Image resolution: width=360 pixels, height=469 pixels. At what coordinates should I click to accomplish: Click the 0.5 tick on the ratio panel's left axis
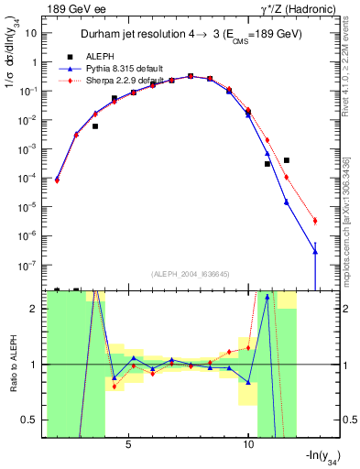[x=33, y=420]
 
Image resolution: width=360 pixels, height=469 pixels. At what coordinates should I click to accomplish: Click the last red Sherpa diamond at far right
[x=314, y=221]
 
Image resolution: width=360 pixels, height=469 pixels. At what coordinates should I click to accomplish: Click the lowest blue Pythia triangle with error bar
[x=314, y=251]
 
